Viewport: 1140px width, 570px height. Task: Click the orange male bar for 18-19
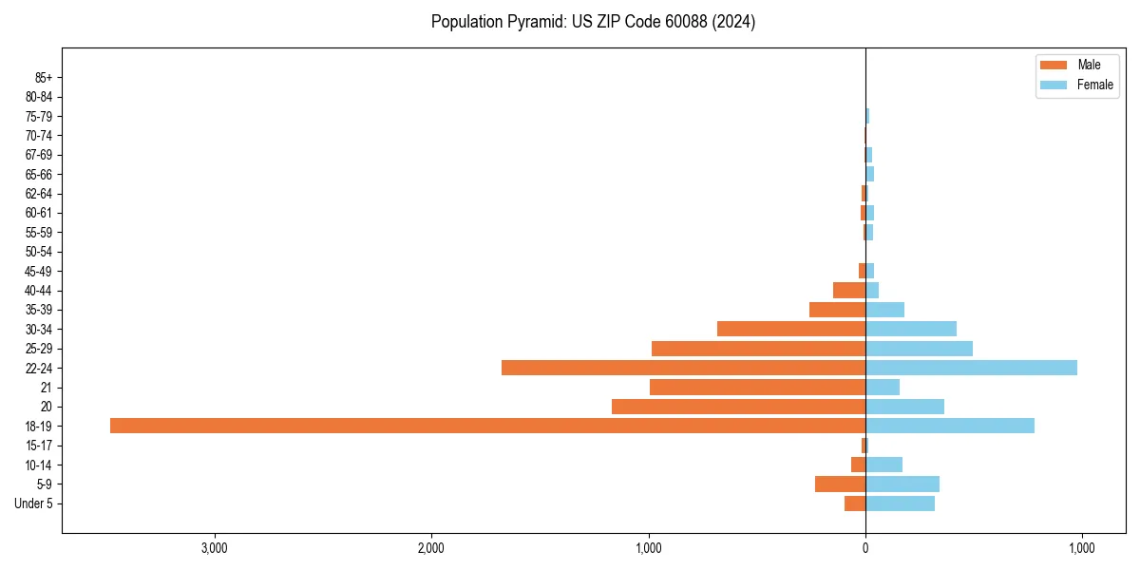(x=487, y=426)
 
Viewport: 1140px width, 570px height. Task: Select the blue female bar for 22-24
(x=971, y=368)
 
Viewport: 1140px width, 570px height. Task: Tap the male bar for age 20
(x=738, y=407)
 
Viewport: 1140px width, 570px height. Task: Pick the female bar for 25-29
(x=919, y=349)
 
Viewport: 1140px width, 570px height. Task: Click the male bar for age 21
(x=757, y=388)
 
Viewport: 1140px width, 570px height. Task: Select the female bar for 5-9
(x=902, y=484)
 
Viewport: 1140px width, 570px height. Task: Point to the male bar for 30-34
(x=791, y=329)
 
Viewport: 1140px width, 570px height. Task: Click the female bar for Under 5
(x=900, y=503)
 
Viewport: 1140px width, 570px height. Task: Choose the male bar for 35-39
(x=837, y=310)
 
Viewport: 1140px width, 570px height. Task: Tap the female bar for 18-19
(x=950, y=426)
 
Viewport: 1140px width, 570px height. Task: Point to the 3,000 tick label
(x=215, y=549)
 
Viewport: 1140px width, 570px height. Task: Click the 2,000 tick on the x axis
(x=431, y=549)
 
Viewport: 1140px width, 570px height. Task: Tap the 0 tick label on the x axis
(x=865, y=549)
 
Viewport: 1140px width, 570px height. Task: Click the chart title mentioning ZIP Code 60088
(x=593, y=22)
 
